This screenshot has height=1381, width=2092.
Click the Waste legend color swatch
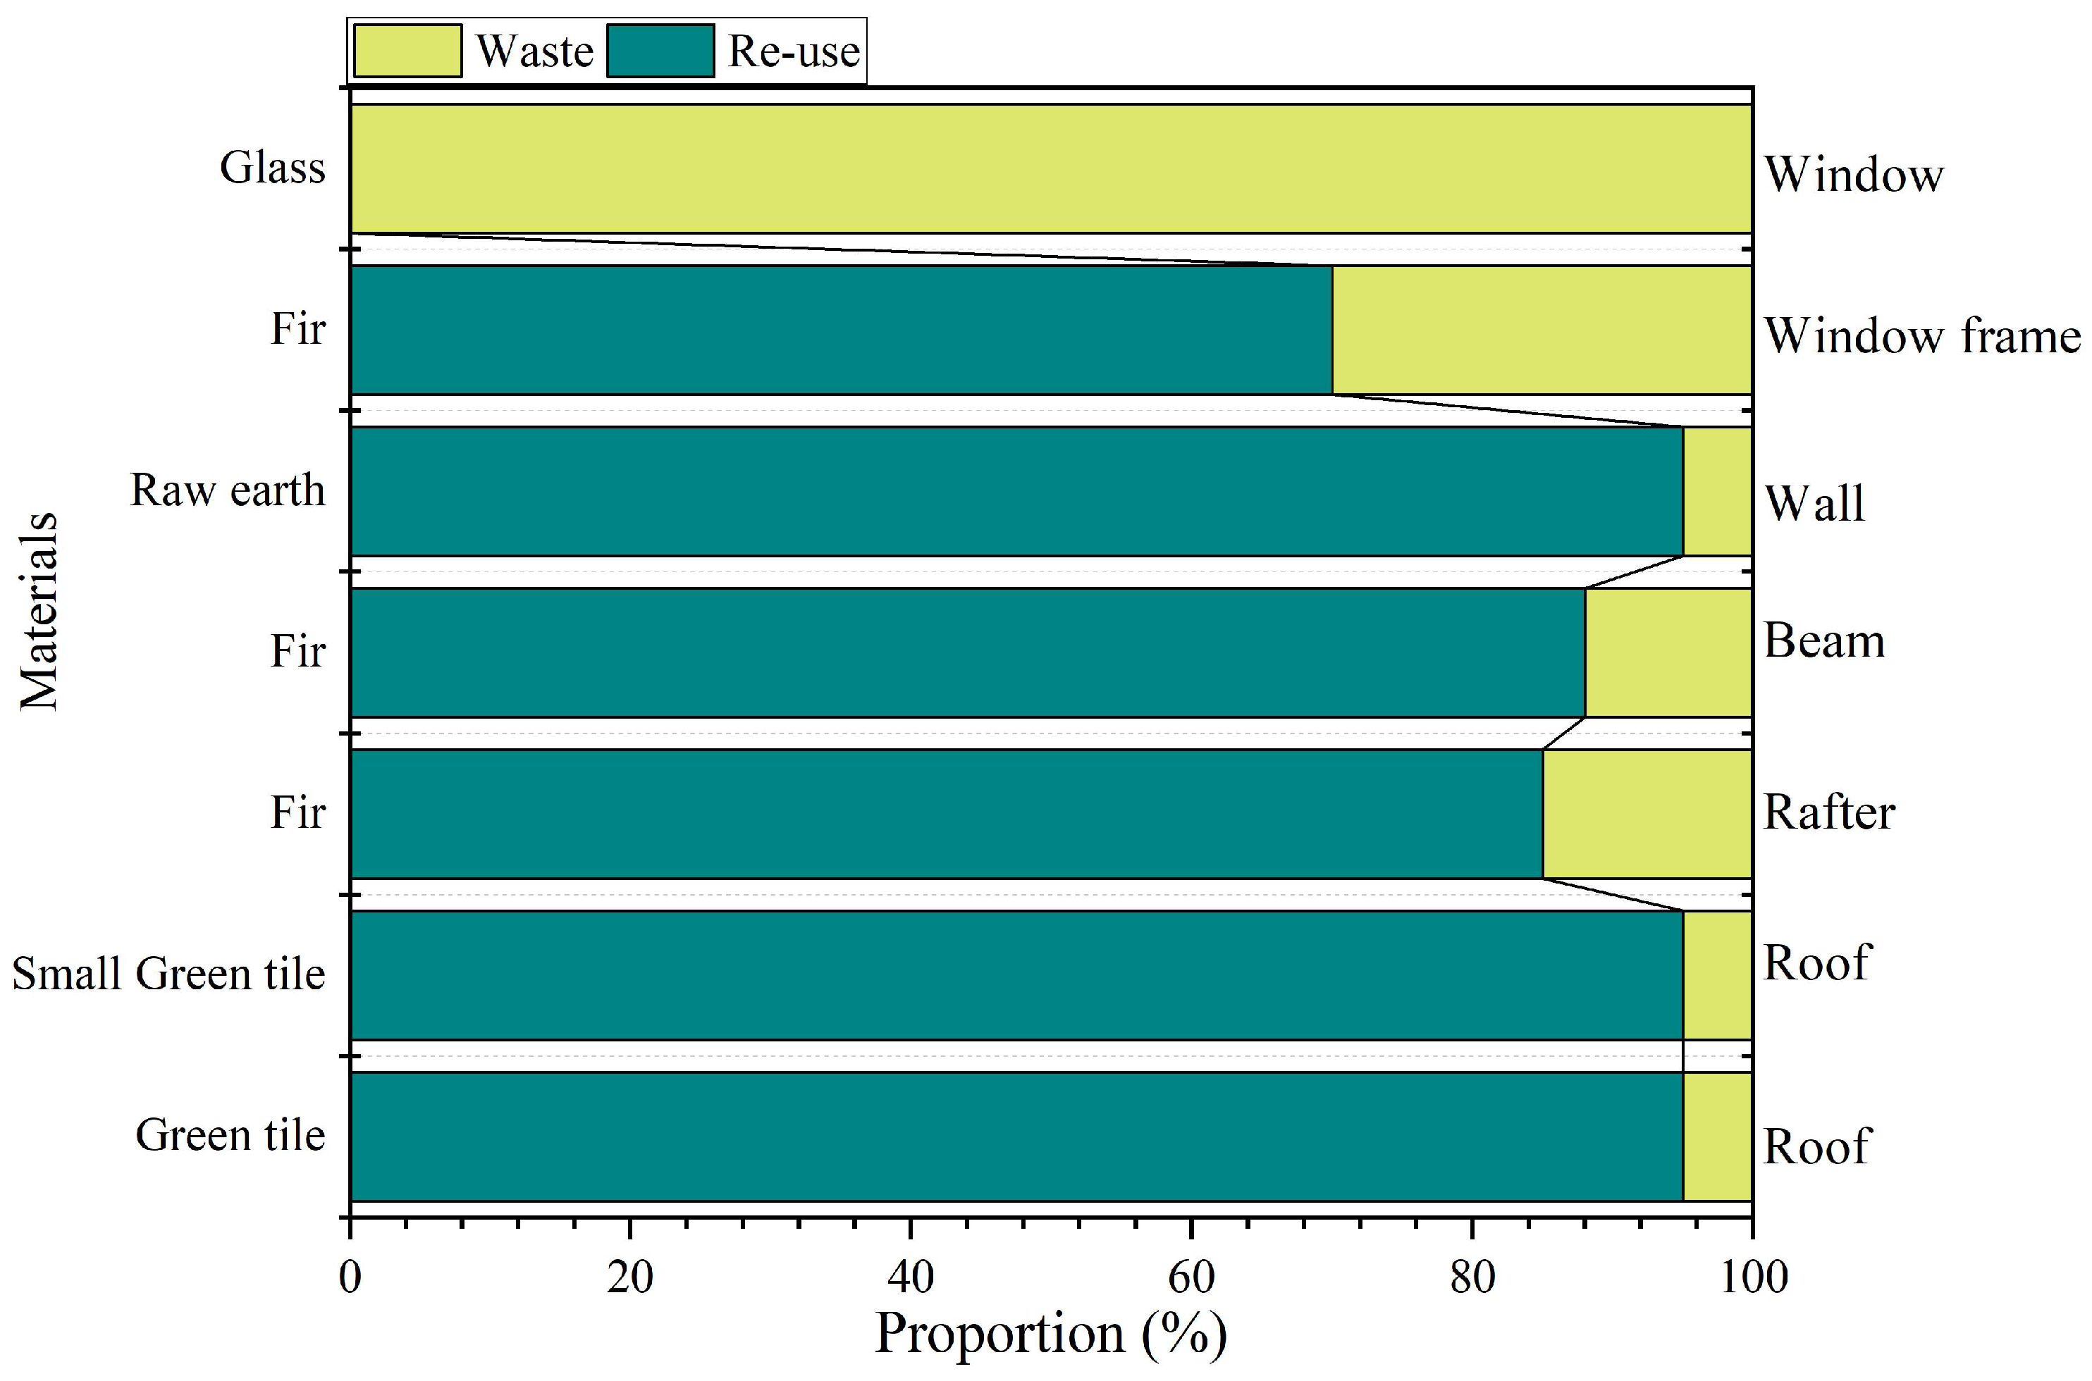coord(407,51)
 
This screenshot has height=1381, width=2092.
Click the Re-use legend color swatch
coord(660,51)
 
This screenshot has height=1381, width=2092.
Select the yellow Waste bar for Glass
coord(1050,168)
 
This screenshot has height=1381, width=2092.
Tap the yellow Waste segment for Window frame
coord(1541,330)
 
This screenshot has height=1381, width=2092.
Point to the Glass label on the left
coord(272,168)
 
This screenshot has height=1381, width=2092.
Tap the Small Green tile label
coord(168,973)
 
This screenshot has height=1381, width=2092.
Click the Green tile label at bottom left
coord(230,1134)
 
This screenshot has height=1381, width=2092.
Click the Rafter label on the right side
coord(1828,812)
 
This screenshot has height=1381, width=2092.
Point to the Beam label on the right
coord(1823,641)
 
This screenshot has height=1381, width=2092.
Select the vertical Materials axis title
coord(39,610)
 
